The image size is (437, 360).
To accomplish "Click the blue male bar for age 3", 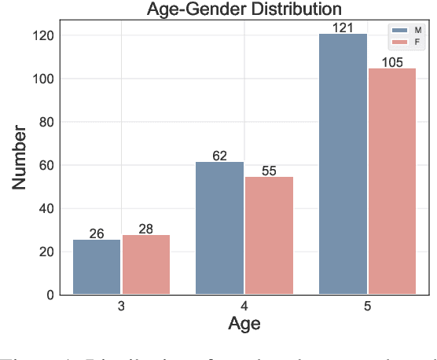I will click(97, 267).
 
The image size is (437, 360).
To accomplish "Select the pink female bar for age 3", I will click(145, 265).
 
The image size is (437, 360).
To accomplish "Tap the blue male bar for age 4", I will click(219, 228).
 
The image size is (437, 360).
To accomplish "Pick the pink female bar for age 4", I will click(269, 236).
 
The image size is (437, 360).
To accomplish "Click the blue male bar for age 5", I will click(343, 164).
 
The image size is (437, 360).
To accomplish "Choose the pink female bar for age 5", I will click(392, 182).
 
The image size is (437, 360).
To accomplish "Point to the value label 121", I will click(343, 28).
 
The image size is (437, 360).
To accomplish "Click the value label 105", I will click(392, 62).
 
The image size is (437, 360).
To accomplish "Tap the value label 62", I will click(219, 156).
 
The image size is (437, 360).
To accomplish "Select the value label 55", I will click(269, 171).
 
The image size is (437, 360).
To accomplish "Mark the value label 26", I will click(97, 233).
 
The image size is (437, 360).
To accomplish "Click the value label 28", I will click(145, 229).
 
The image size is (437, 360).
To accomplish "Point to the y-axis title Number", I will click(20, 158).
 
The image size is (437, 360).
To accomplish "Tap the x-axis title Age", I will click(244, 323).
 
